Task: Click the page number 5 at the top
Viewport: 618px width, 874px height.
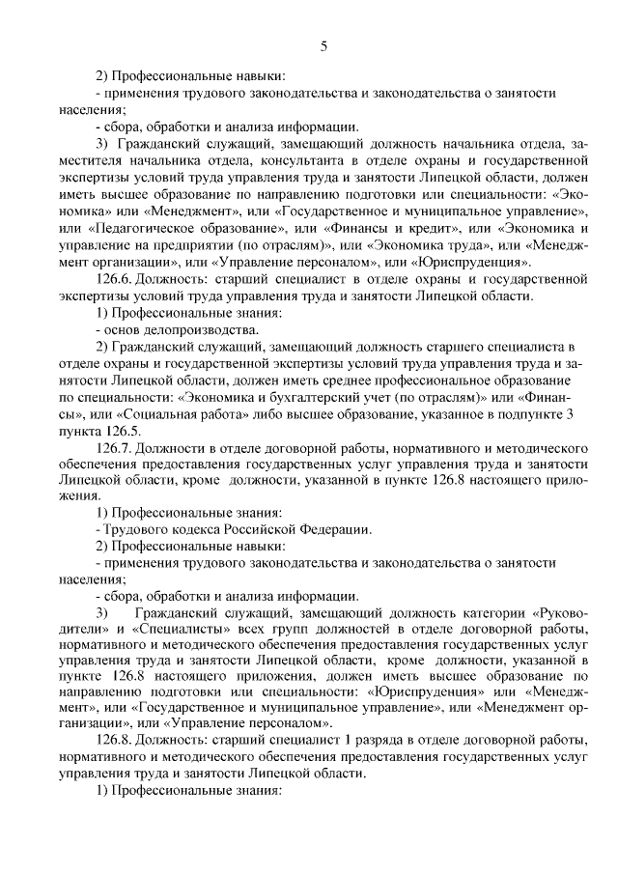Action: click(324, 44)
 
